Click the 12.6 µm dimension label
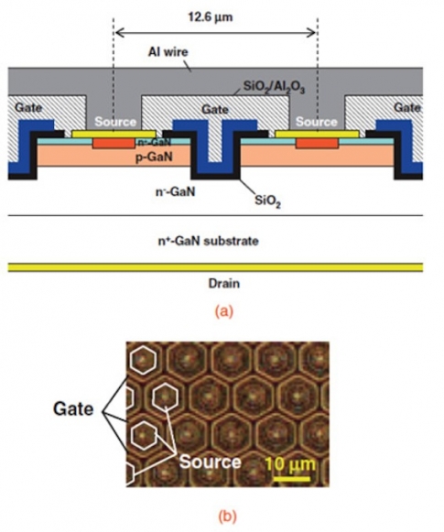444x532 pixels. [x=211, y=16]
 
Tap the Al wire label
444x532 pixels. [x=168, y=52]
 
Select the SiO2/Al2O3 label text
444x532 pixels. [x=274, y=87]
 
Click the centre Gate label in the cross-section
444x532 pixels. [x=215, y=109]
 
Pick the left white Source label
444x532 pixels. [x=115, y=122]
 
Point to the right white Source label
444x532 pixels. [x=317, y=122]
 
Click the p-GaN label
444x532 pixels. [x=154, y=157]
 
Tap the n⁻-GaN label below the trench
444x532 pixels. [x=176, y=191]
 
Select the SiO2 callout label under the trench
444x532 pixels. [x=267, y=201]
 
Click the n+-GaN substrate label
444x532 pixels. [x=208, y=241]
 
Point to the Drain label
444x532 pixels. [x=224, y=283]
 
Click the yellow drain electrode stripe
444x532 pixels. [x=215, y=267]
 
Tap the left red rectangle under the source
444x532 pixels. [x=114, y=144]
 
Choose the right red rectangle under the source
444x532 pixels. [x=317, y=144]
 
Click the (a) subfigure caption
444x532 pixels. [x=224, y=311]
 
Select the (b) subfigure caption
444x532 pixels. [x=226, y=517]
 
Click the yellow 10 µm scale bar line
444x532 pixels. [x=291, y=479]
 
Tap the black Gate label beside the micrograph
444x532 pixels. [x=73, y=408]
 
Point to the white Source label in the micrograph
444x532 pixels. [x=210, y=461]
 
